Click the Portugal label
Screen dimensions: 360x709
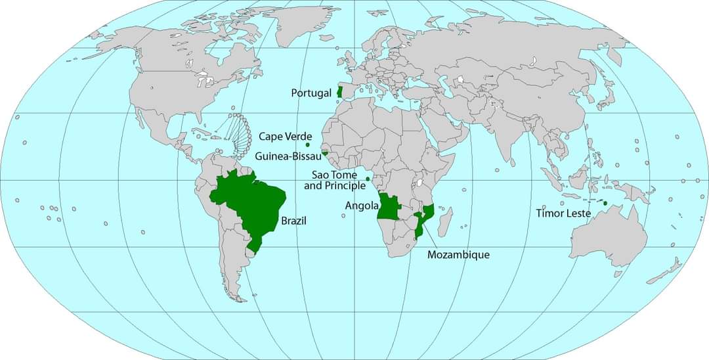click(311, 93)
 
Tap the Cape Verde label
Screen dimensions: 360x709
click(285, 136)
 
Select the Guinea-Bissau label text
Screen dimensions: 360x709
click(288, 156)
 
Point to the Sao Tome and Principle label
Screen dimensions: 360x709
click(335, 180)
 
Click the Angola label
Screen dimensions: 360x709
click(362, 206)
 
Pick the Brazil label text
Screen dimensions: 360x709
click(293, 221)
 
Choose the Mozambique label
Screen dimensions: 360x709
click(458, 254)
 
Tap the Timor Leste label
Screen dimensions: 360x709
click(563, 213)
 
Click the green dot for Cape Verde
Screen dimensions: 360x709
click(308, 145)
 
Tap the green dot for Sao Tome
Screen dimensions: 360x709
click(368, 179)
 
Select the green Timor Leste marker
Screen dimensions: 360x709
click(605, 203)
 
